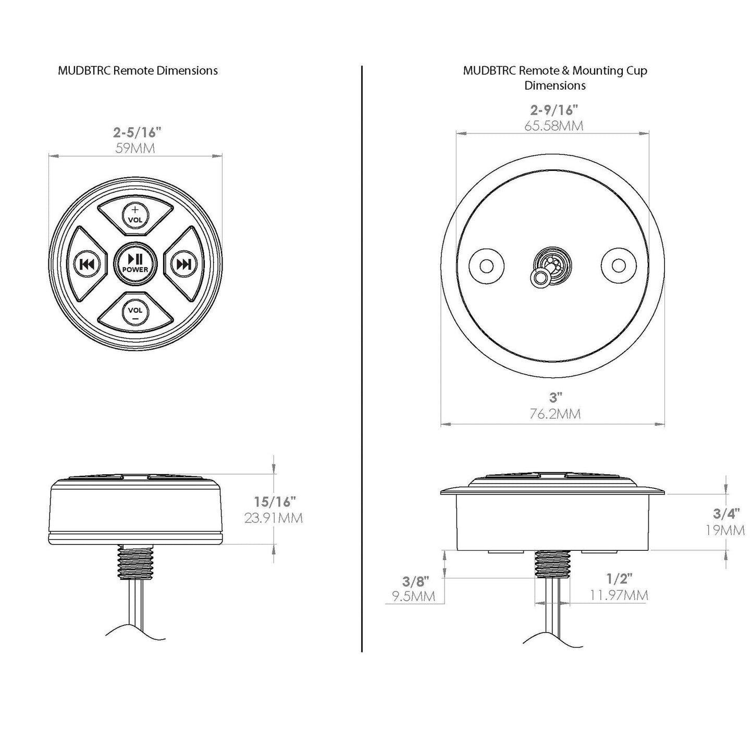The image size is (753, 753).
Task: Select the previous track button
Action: tap(86, 265)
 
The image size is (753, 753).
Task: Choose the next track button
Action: tap(183, 265)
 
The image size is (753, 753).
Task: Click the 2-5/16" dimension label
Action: tap(137, 133)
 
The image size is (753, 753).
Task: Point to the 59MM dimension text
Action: tap(135, 149)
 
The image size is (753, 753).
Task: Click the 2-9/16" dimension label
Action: tap(554, 110)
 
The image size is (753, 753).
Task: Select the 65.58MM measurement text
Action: tap(554, 126)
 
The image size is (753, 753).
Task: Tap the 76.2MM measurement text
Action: tap(555, 413)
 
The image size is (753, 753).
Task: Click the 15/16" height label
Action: tap(275, 501)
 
